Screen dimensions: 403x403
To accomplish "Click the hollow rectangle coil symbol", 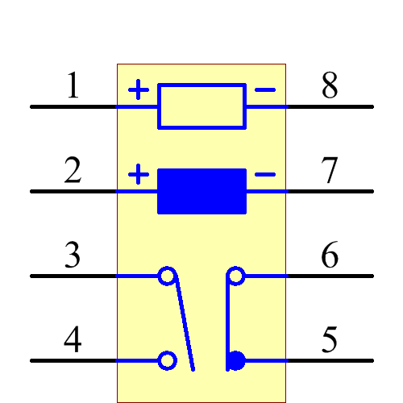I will [x=201, y=106].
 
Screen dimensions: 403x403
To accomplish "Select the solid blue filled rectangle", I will [x=201, y=191].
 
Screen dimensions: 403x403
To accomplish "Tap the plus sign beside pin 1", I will [x=139, y=89].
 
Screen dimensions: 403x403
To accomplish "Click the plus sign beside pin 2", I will [x=139, y=174].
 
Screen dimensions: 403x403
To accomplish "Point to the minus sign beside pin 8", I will [x=264, y=89].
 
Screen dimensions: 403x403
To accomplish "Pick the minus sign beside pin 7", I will [x=264, y=174].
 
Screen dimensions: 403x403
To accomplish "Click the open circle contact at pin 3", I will [x=167, y=276].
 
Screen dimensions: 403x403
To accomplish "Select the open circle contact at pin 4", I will [x=167, y=360].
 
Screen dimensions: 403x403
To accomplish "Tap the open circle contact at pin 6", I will [x=235, y=276].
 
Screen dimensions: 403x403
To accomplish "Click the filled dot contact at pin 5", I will [x=236, y=360].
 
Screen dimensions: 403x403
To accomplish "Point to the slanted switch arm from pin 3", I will [x=185, y=322].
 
